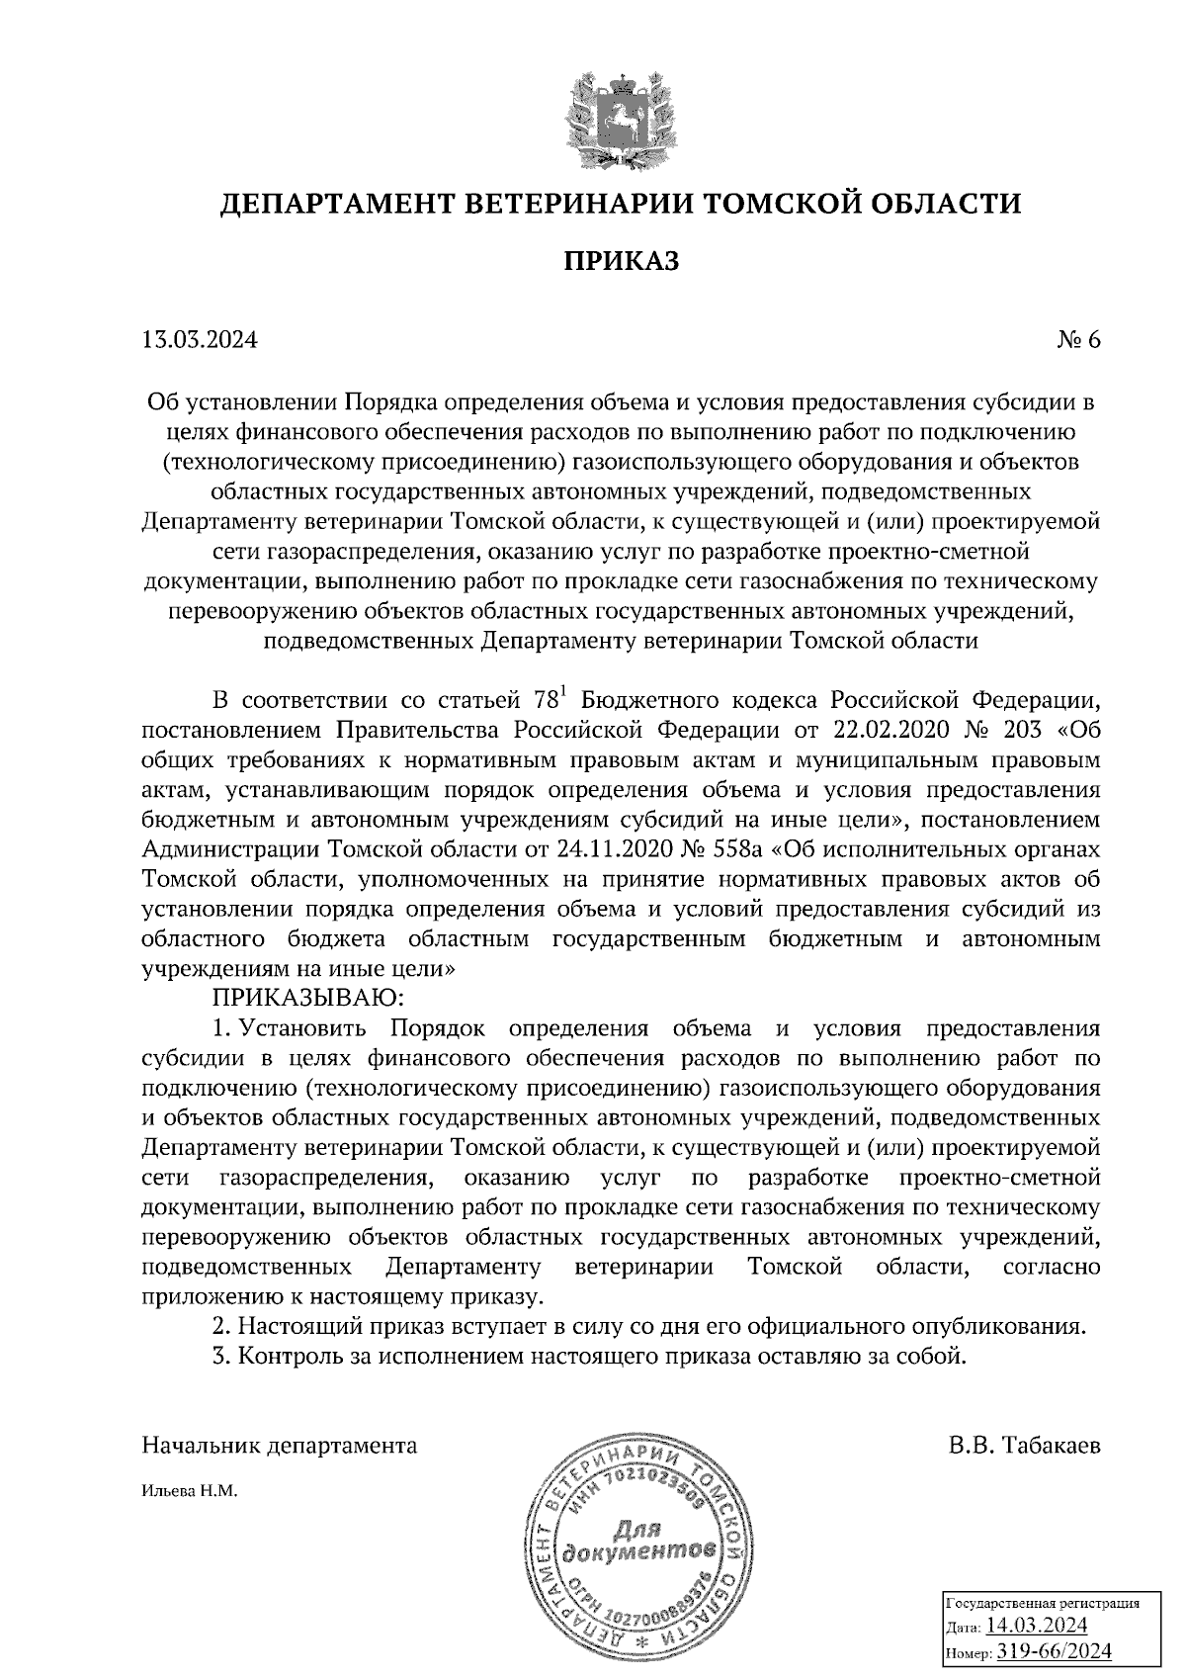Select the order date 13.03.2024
click(200, 340)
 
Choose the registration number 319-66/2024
click(1054, 1650)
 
